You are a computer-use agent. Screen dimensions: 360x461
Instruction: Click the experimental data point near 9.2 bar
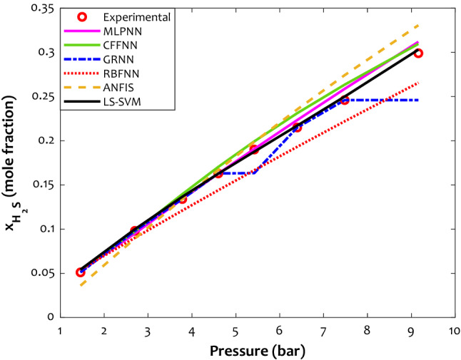tap(418, 53)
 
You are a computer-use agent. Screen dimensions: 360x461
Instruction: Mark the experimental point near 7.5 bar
tap(344, 101)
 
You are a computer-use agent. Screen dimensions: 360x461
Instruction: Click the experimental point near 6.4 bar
tap(297, 127)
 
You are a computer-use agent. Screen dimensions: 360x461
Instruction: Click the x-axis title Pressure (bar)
tap(257, 350)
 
